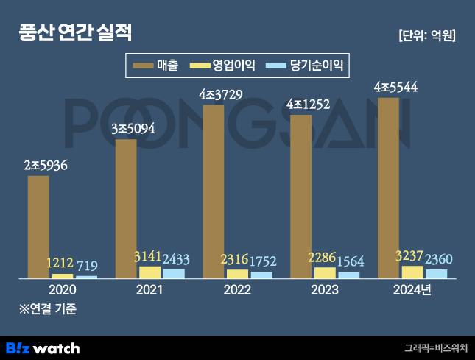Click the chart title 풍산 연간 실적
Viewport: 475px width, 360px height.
pos(75,32)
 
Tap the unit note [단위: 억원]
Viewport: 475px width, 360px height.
pos(427,36)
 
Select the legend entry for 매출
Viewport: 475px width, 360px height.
pos(155,65)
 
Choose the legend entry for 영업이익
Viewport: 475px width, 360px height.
pos(222,65)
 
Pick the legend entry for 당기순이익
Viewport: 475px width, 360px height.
pos(304,65)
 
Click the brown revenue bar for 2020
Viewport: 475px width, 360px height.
pos(38,227)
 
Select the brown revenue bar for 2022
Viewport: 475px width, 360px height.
pos(214,191)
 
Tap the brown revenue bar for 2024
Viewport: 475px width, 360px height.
pos(388,188)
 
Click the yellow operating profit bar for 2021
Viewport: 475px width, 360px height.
pos(150,272)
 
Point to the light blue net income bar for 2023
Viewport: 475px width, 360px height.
pos(349,275)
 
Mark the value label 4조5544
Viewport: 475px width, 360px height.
pos(395,87)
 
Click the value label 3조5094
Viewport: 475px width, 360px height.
pos(133,129)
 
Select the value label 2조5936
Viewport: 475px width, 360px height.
pos(46,166)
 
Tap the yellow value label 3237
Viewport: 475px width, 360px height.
pos(409,256)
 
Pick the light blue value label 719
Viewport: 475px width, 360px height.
pos(87,266)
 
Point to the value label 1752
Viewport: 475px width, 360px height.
pos(263,261)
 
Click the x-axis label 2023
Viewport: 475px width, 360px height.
pos(325,290)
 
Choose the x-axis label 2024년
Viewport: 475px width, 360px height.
pos(412,290)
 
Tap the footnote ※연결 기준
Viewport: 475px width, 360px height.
pos(48,308)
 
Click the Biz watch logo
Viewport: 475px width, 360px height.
pos(43,348)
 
